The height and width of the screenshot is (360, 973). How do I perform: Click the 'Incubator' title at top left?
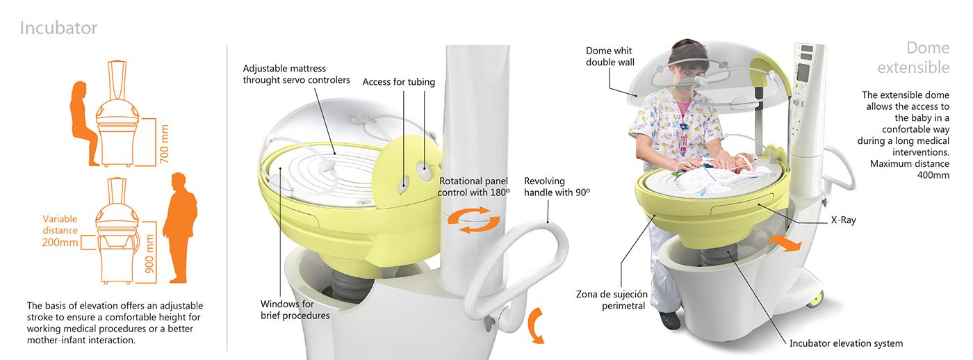58,28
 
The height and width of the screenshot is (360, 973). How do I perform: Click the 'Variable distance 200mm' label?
60,231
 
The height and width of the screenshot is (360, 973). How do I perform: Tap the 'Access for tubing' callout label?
398,82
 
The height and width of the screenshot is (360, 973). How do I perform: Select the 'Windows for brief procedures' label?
295,309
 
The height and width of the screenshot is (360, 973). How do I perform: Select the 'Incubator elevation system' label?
846,343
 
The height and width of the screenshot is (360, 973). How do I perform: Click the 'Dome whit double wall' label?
610,56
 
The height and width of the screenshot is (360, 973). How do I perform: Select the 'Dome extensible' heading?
917,58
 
